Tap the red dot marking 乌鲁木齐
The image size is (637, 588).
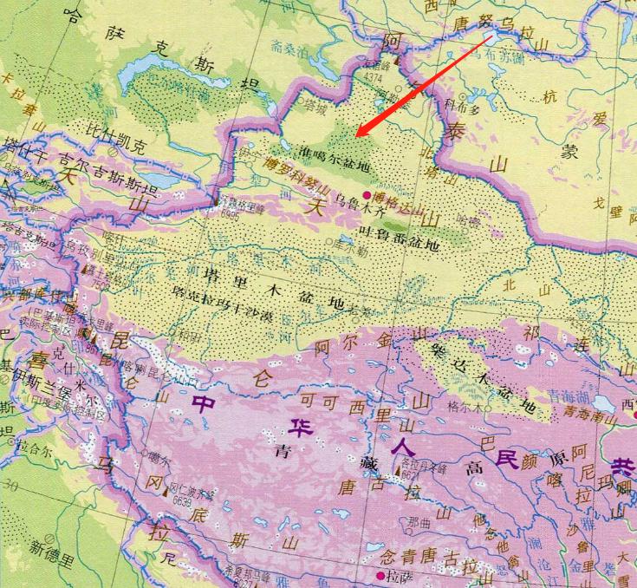click(367, 194)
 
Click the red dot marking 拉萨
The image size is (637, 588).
click(380, 575)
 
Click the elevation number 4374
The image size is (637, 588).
click(374, 75)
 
